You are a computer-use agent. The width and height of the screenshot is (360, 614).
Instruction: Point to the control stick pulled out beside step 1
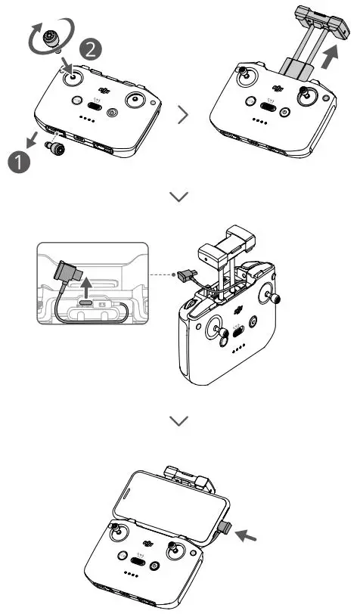pos(57,149)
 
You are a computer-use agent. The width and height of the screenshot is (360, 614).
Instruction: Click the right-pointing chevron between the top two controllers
pos(182,115)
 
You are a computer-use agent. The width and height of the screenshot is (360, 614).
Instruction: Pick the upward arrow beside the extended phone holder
pos(328,56)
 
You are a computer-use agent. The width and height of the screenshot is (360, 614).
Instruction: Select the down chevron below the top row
pos(179,197)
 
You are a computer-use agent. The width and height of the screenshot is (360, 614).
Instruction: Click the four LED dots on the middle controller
pos(236,349)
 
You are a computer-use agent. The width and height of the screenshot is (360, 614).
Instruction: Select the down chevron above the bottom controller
pos(179,420)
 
